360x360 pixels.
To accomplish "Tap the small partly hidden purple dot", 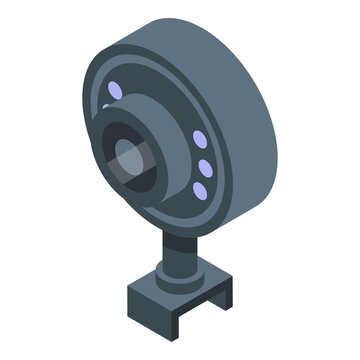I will [105, 106].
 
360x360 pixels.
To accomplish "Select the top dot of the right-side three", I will [198, 139].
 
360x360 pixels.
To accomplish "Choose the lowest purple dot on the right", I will [199, 190].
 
